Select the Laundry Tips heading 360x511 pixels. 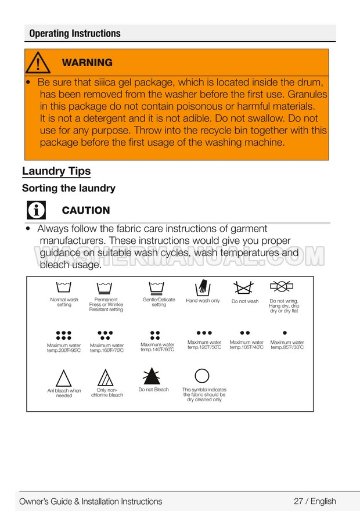(56, 171)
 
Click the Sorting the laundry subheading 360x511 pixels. (69, 188)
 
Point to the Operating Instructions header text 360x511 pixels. (75, 33)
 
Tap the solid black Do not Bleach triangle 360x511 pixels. (153, 376)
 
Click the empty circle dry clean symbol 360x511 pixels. (202, 376)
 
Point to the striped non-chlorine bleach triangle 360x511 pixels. (106, 377)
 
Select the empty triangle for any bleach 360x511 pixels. (64, 379)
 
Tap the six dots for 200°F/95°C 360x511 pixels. (64, 335)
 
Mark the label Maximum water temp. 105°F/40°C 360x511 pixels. (246, 345)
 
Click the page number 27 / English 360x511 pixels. (315, 501)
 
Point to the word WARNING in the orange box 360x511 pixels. (87, 63)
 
